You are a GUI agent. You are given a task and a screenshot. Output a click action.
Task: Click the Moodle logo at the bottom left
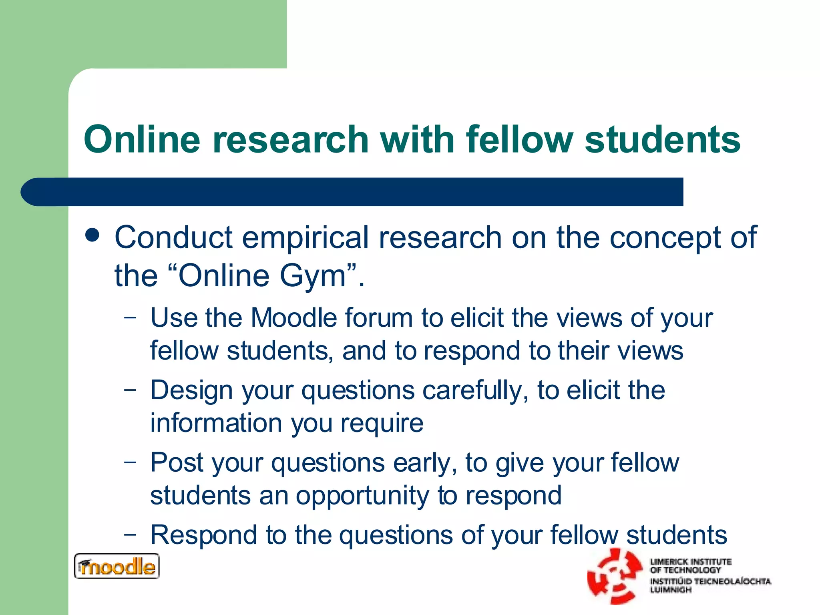(x=117, y=566)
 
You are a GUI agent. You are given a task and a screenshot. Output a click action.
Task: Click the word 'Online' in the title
(x=142, y=139)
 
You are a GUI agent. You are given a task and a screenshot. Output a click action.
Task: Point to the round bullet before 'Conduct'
(x=92, y=235)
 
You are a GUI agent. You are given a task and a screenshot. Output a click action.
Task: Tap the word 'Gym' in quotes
(x=312, y=276)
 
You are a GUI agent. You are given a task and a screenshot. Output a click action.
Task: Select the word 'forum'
(x=378, y=318)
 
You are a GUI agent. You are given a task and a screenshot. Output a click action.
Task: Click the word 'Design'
(x=191, y=390)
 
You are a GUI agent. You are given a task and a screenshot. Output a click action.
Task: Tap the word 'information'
(x=217, y=423)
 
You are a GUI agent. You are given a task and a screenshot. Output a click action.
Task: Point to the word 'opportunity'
(x=362, y=496)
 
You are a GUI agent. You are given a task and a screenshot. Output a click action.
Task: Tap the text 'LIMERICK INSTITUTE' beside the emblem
(x=691, y=562)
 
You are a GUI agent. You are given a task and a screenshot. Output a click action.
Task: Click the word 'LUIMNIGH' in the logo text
(x=671, y=590)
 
